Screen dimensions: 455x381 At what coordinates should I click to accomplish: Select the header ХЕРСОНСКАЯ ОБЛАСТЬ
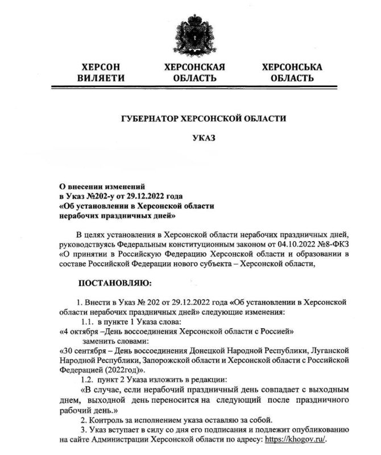click(194, 72)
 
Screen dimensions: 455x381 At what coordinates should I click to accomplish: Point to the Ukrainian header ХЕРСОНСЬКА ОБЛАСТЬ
click(292, 72)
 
